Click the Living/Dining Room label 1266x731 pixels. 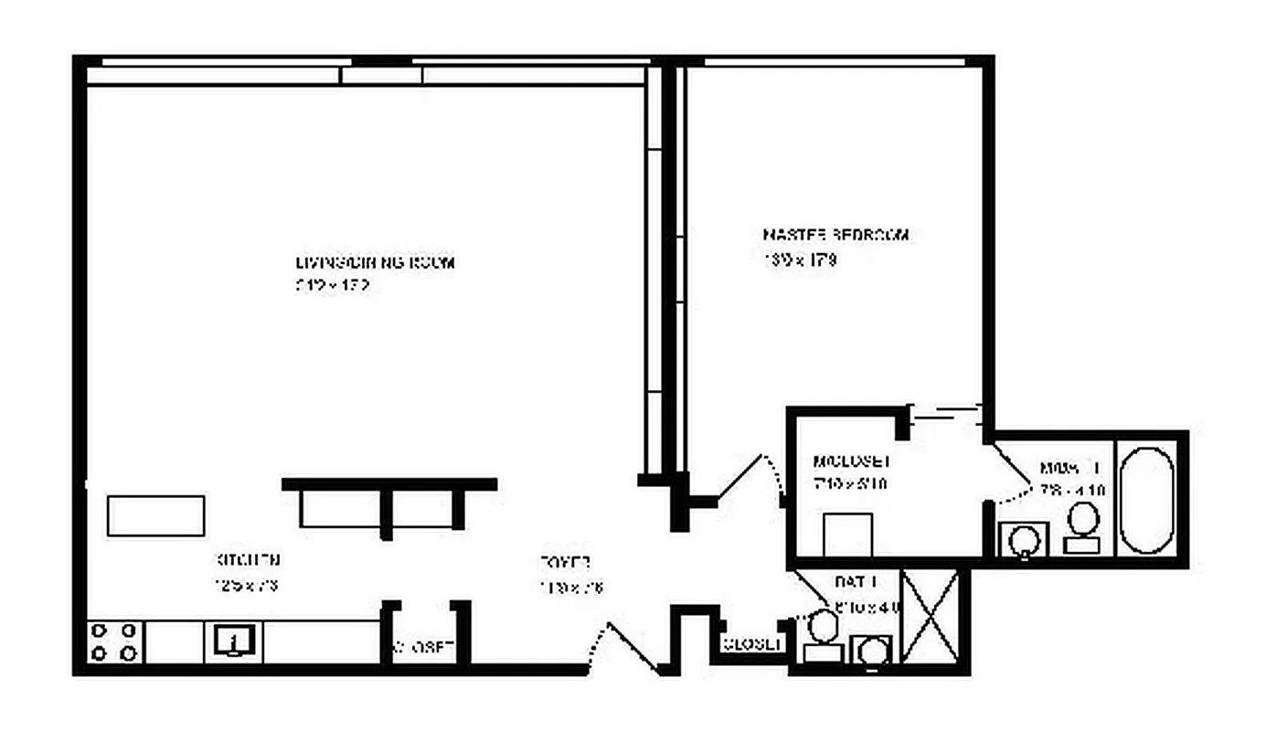click(375, 262)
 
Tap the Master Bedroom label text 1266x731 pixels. click(835, 235)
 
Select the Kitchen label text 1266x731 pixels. click(247, 560)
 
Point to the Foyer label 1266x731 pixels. click(565, 563)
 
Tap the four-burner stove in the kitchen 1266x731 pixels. click(116, 641)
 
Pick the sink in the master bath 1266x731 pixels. click(1020, 539)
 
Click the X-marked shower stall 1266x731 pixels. click(930, 616)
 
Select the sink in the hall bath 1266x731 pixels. click(873, 652)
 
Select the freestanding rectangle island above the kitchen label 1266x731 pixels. click(155, 516)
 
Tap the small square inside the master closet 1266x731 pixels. click(847, 535)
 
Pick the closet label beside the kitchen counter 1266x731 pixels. click(423, 647)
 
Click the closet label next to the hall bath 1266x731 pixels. click(752, 644)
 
